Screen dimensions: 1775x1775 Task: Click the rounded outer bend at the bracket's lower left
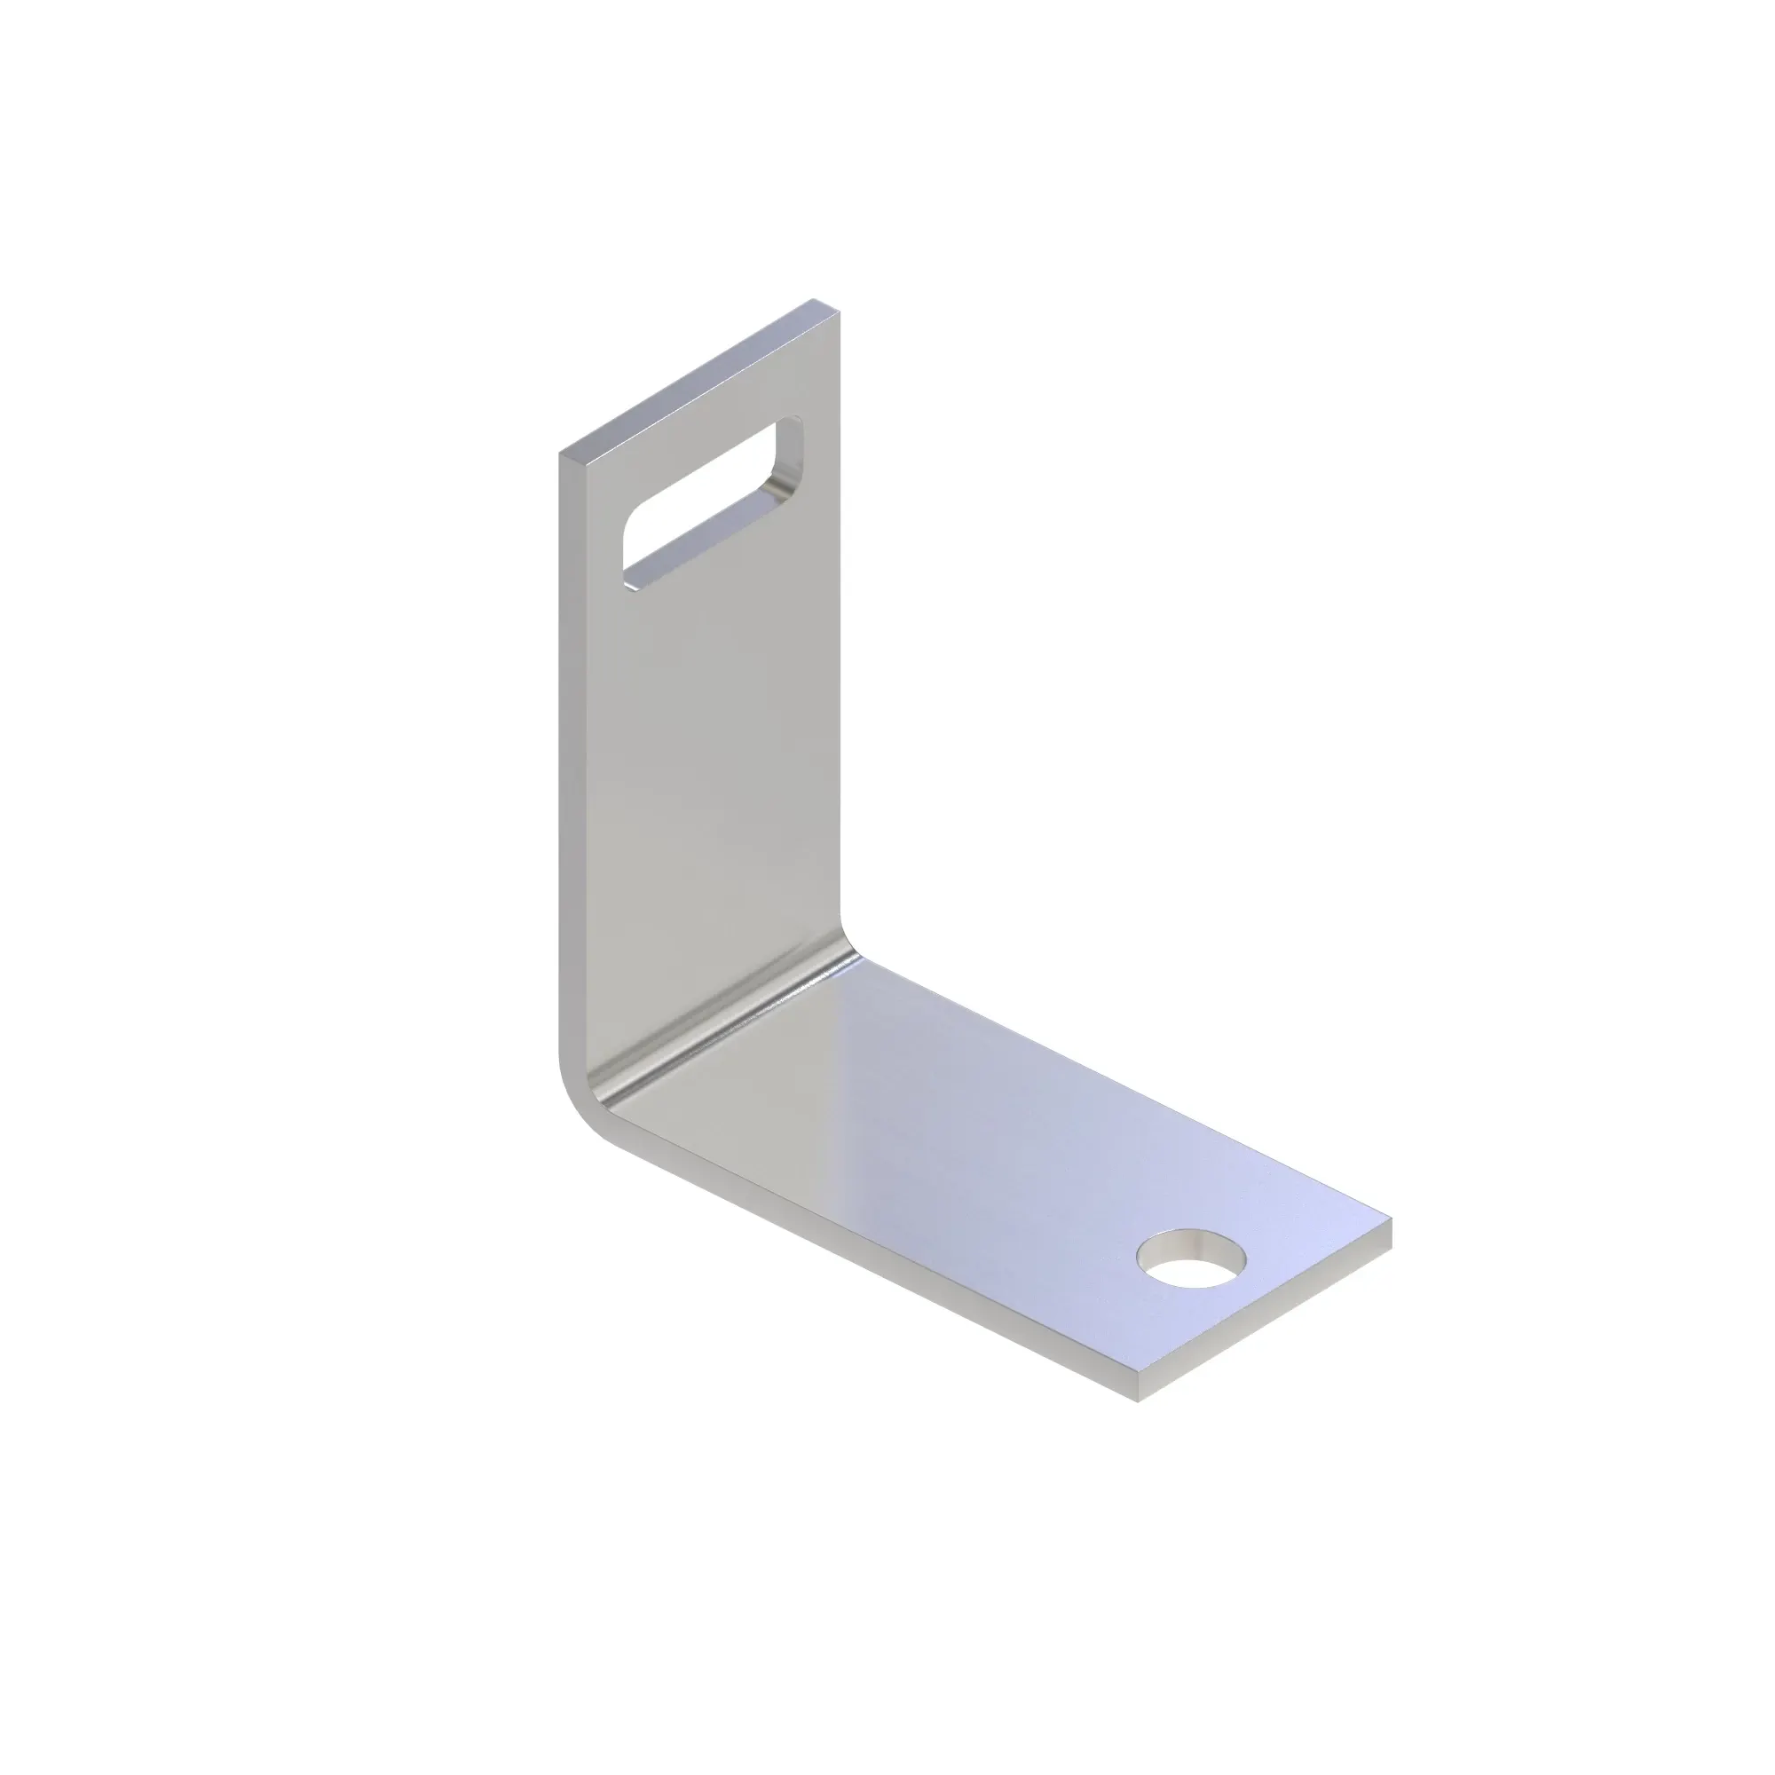(x=575, y=1102)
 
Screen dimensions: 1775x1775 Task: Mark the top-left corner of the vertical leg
(x=560, y=454)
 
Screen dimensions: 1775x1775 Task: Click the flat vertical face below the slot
(x=707, y=781)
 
